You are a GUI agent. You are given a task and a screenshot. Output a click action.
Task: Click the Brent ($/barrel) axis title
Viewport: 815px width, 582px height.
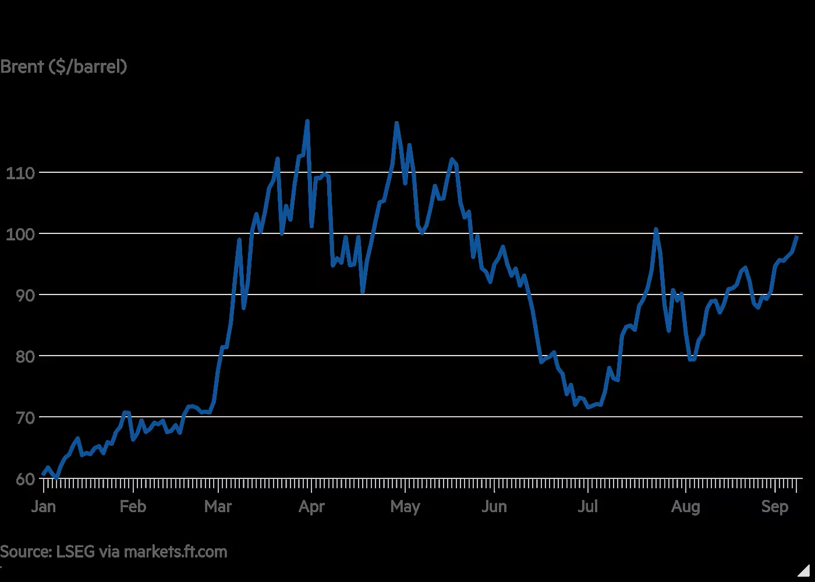point(63,66)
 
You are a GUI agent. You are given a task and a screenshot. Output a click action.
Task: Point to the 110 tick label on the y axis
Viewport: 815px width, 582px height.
point(20,173)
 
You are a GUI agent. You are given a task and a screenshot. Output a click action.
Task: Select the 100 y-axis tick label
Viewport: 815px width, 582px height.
point(20,234)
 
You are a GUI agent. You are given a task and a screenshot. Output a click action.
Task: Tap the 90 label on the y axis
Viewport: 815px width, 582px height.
point(24,296)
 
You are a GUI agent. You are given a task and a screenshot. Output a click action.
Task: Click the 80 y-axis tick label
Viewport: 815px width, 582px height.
point(24,356)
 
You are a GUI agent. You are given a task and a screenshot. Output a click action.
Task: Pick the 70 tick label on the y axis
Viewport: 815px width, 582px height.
point(24,418)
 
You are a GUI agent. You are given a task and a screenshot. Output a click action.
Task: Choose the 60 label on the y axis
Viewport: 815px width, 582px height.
point(24,479)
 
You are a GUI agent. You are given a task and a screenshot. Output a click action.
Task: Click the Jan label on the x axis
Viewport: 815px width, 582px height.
point(44,506)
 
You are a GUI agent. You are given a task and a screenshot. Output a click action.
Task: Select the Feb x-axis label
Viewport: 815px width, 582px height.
point(133,506)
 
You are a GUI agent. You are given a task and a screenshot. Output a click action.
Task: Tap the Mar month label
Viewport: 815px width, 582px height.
point(218,506)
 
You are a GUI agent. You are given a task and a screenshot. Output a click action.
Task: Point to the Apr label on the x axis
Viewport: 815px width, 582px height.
point(311,507)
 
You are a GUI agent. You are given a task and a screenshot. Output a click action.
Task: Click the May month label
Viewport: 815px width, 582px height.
point(405,507)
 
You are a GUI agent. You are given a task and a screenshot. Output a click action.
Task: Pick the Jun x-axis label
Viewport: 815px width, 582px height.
point(494,506)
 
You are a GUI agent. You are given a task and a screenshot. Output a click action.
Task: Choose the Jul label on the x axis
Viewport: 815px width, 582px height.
point(587,506)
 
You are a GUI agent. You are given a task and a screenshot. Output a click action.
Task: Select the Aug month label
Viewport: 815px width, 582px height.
point(686,507)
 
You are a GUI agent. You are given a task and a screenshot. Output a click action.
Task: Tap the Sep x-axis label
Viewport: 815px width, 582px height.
point(775,507)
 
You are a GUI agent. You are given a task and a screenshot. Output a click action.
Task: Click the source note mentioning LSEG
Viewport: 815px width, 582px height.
point(114,552)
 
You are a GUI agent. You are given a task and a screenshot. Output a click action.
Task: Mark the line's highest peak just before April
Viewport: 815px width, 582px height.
point(307,120)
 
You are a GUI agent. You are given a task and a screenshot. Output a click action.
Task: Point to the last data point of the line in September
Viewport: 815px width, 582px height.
point(797,237)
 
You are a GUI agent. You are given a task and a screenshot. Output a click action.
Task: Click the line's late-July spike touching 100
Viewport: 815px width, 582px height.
point(655,229)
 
